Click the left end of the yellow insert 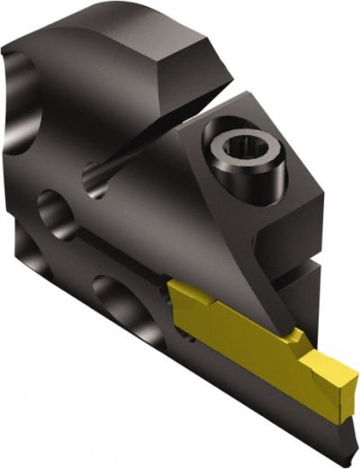pos(173,293)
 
